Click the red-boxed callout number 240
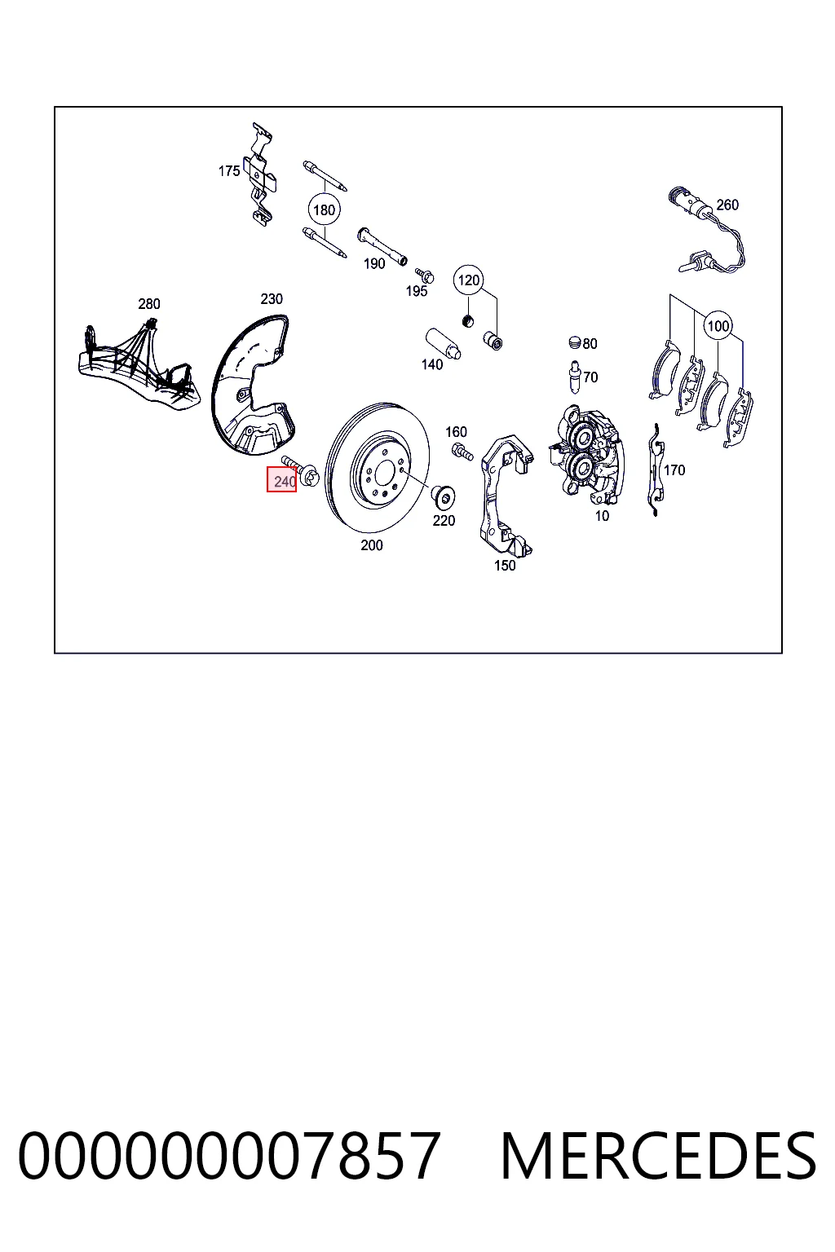(x=281, y=479)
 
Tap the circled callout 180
(x=325, y=210)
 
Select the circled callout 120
(x=469, y=280)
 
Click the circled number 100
(x=718, y=326)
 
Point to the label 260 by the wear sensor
(x=727, y=205)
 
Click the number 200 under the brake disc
(x=371, y=545)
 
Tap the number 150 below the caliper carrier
(x=505, y=566)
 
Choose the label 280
(x=148, y=304)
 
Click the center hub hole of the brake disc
(x=384, y=475)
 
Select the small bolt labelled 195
(x=425, y=275)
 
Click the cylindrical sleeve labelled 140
(x=443, y=343)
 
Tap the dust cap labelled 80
(x=575, y=342)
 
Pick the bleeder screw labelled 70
(x=573, y=377)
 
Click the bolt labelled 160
(x=462, y=451)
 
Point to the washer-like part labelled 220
(x=443, y=496)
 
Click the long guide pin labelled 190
(x=382, y=246)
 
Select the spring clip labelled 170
(x=655, y=470)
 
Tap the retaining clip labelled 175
(x=260, y=174)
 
